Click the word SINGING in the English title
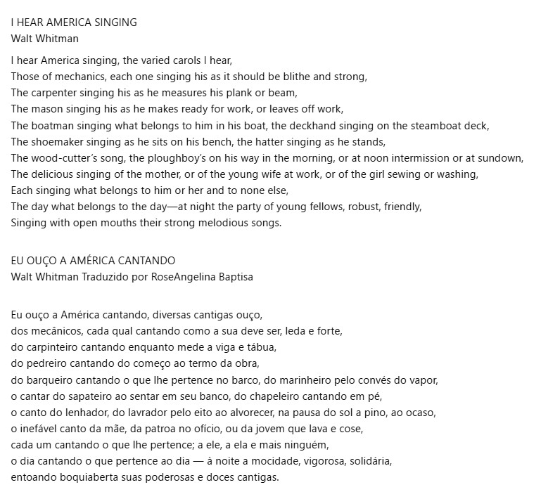114,22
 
